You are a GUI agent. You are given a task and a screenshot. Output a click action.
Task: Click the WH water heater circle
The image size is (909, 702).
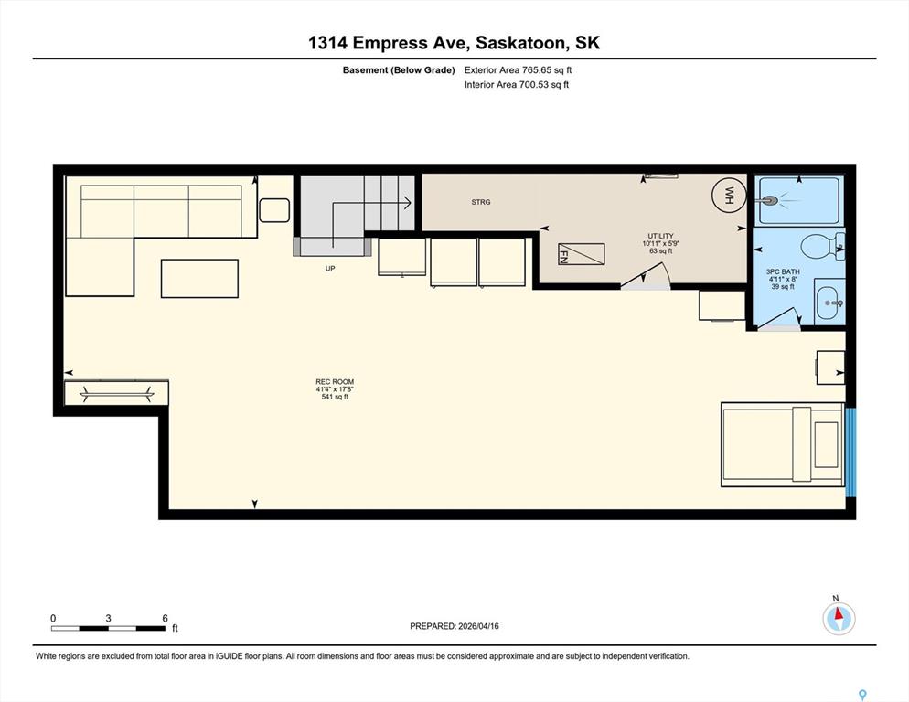click(729, 192)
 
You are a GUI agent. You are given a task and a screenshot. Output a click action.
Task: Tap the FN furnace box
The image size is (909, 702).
click(581, 254)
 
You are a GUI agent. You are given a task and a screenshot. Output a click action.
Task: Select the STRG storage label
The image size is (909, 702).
click(481, 202)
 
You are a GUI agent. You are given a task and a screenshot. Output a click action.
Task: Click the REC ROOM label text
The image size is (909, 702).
click(335, 381)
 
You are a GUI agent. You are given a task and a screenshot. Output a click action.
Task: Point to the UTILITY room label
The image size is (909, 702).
click(660, 236)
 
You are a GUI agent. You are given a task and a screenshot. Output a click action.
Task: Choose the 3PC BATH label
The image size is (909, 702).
click(783, 271)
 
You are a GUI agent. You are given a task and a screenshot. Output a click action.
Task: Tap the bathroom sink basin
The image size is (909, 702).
click(829, 302)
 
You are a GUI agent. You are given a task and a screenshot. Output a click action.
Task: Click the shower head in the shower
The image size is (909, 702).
click(768, 201)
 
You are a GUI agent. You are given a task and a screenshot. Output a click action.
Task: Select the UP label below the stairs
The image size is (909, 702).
click(330, 269)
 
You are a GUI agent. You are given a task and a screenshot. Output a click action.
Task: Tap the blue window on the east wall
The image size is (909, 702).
click(850, 452)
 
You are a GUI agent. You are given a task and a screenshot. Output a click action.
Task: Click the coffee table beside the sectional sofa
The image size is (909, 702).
click(199, 279)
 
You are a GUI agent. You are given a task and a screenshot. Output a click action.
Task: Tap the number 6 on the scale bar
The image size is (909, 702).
click(166, 618)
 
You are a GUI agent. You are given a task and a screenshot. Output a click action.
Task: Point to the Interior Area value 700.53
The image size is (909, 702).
click(533, 85)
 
